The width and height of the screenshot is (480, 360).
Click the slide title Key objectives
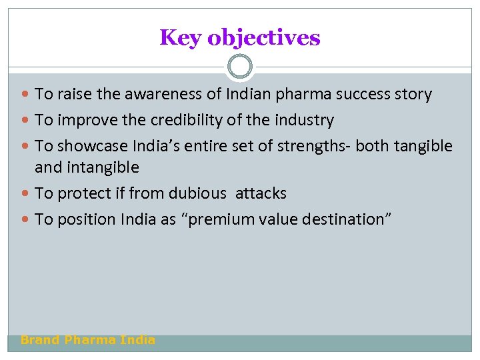tap(240, 38)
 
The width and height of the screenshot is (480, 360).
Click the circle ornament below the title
tap(240, 67)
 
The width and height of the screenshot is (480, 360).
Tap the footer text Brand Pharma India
tap(88, 340)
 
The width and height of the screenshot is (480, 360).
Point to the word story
tap(413, 95)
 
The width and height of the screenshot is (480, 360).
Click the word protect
tap(82, 194)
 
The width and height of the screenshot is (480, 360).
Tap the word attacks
tap(261, 194)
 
